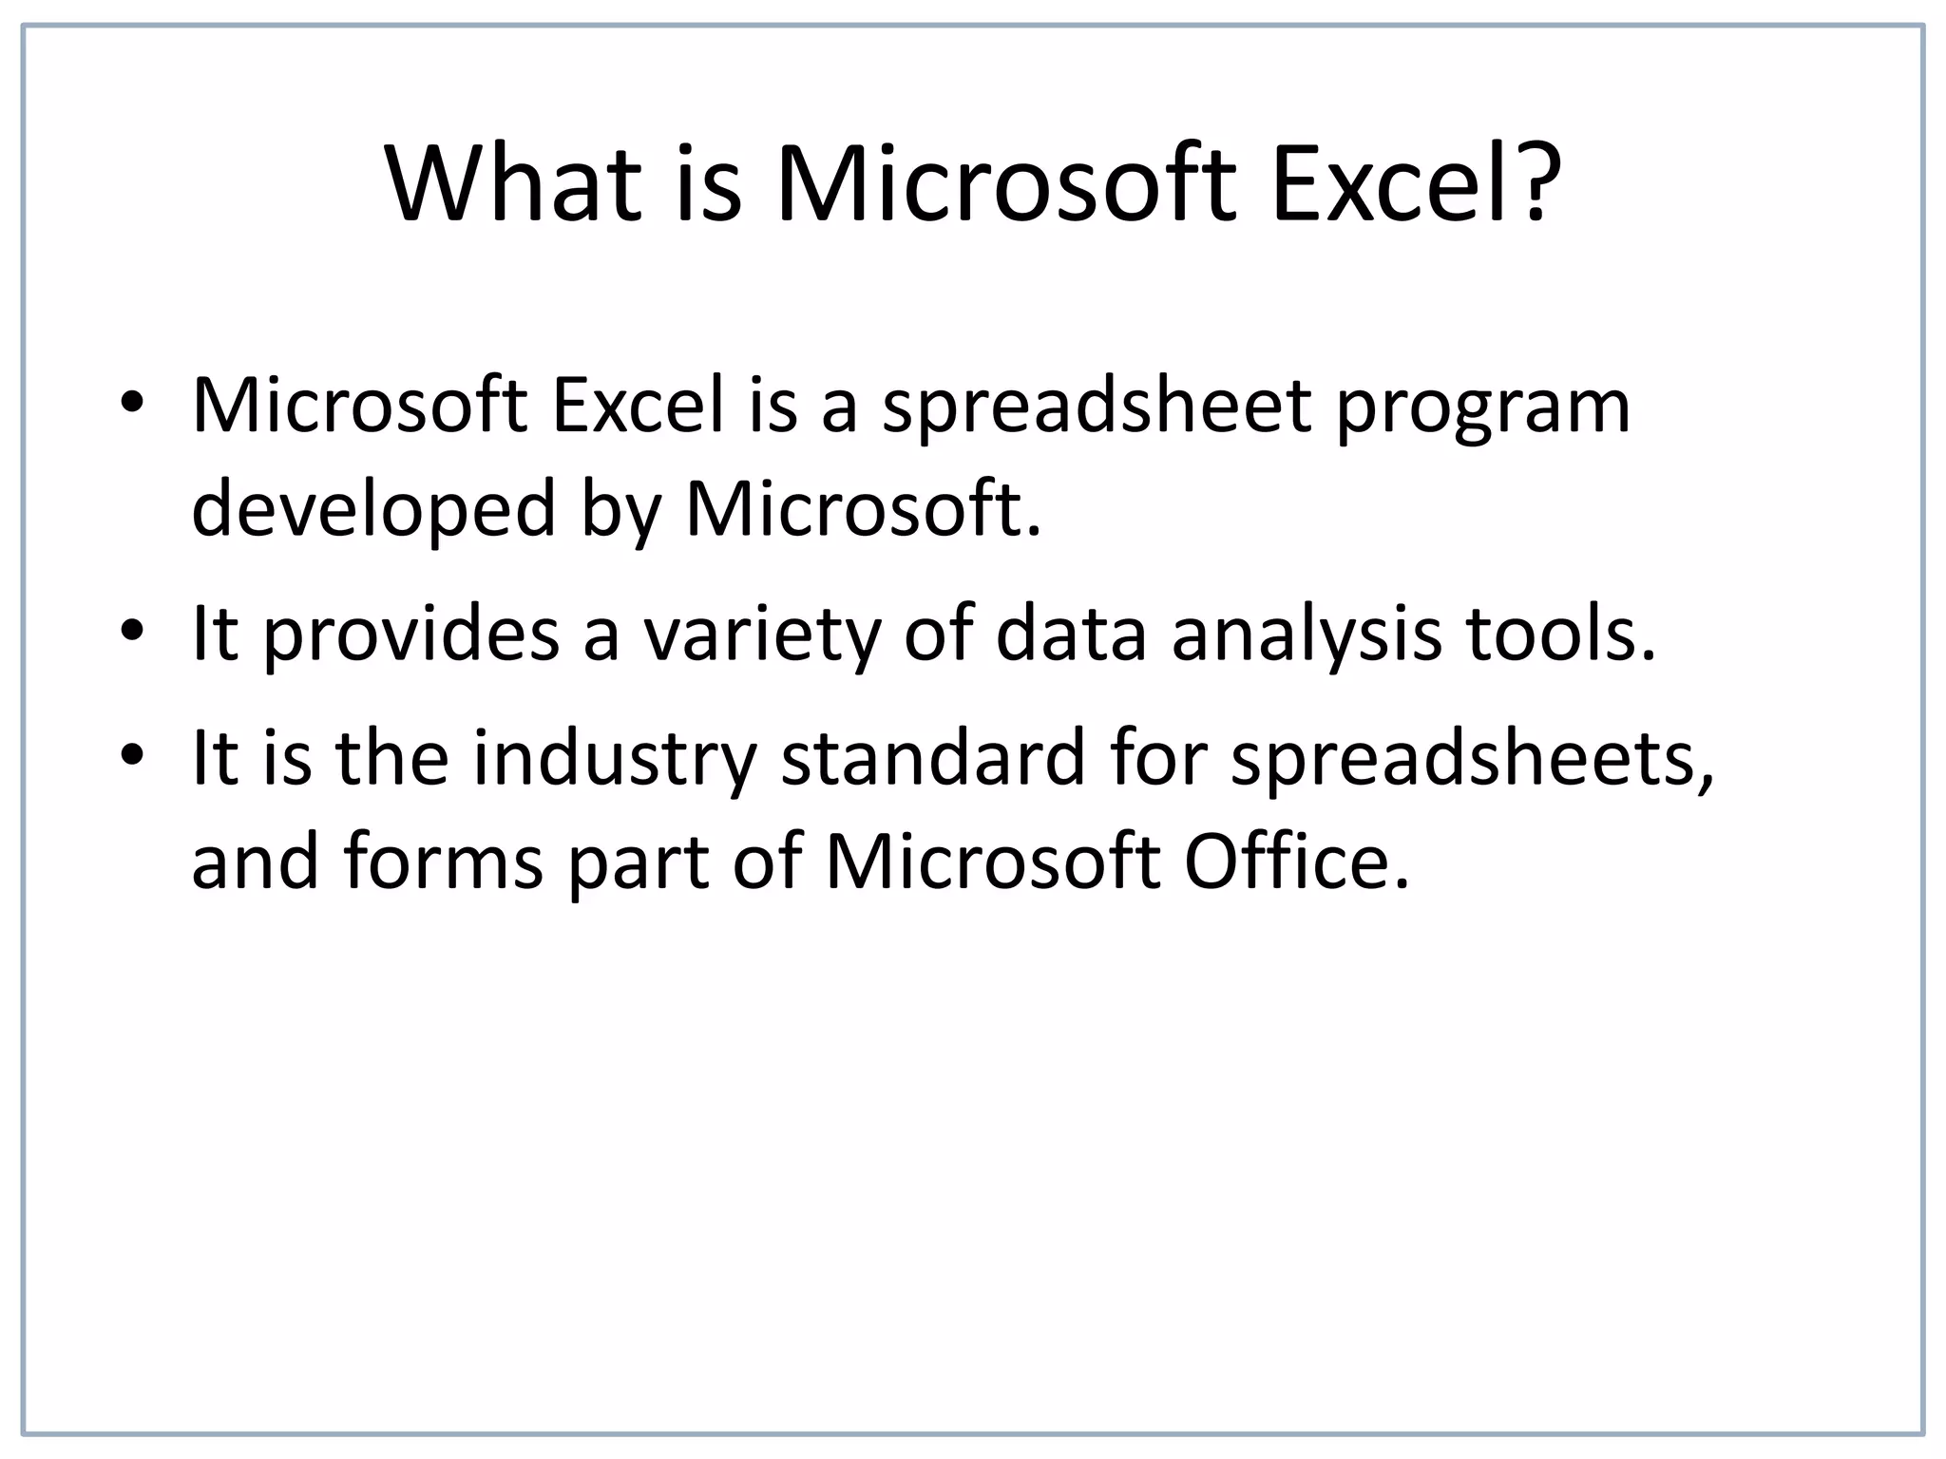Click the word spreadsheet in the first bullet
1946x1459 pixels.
point(1097,408)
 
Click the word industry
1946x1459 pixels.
point(615,760)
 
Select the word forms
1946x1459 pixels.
point(444,862)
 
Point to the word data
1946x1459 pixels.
point(1071,634)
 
